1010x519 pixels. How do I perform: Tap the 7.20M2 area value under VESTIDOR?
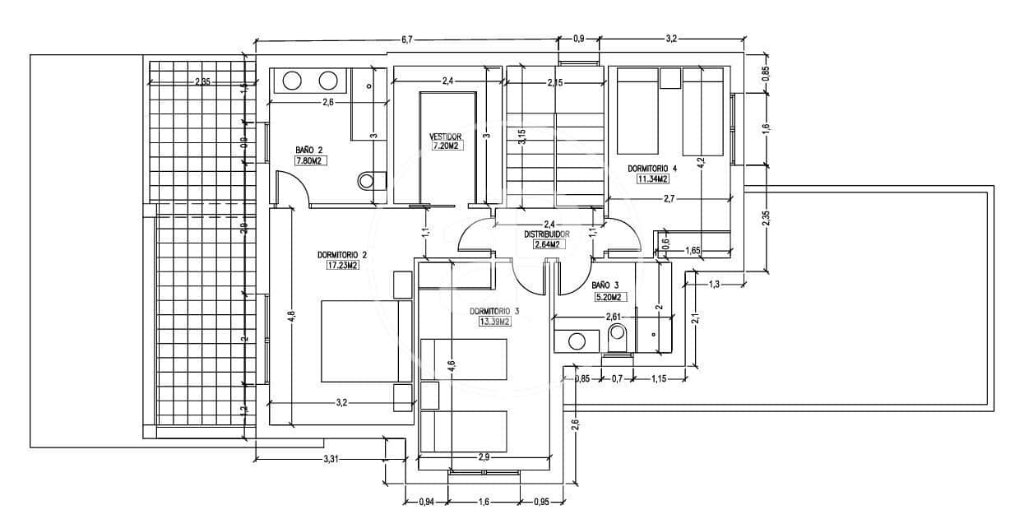click(x=445, y=146)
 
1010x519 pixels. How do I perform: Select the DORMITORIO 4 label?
click(x=652, y=169)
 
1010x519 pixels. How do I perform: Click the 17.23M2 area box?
click(x=341, y=266)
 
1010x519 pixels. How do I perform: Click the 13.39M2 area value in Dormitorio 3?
click(x=494, y=322)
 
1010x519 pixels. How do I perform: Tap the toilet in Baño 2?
click(x=372, y=180)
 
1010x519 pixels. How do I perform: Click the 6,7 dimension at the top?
click(x=406, y=39)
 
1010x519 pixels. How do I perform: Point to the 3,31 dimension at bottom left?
click(x=331, y=457)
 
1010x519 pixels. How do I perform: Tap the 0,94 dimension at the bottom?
click(x=427, y=502)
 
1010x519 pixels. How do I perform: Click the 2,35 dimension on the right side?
click(x=766, y=217)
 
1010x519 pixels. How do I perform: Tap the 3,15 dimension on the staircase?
click(x=521, y=137)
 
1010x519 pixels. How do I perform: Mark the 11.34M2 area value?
click(x=652, y=178)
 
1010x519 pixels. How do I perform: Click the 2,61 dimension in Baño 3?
click(x=613, y=317)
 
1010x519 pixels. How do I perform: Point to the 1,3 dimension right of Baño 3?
click(x=714, y=285)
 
